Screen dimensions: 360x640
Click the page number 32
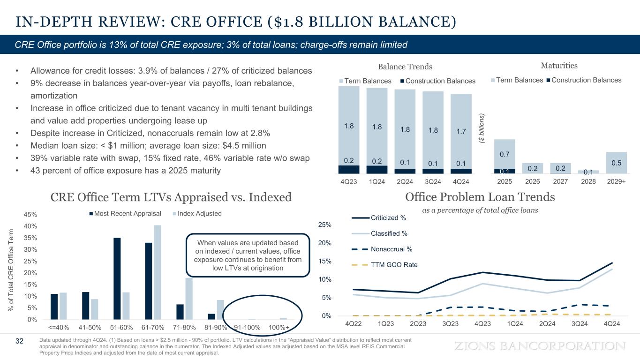(19, 341)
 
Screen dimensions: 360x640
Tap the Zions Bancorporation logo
(541, 346)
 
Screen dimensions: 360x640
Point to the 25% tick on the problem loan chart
(325, 225)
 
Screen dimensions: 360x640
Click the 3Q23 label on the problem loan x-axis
(451, 324)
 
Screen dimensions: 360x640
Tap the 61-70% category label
(153, 327)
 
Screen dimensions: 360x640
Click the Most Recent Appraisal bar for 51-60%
(117, 278)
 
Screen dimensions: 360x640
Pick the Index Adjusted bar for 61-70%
(158, 272)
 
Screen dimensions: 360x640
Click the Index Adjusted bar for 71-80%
(189, 299)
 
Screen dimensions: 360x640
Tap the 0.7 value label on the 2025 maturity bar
(504, 154)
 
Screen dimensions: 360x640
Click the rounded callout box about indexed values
(248, 255)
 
